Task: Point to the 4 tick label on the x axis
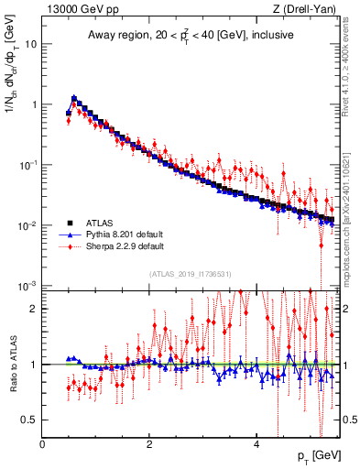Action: tap(256, 445)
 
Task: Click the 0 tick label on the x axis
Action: tap(42, 445)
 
